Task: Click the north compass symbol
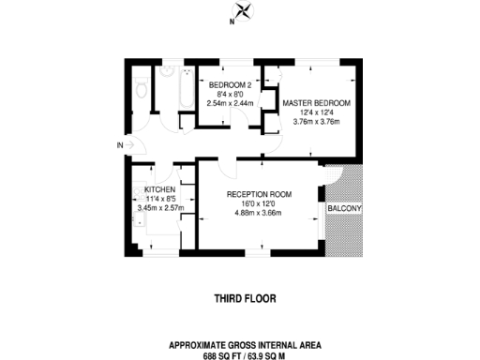pos(244,11)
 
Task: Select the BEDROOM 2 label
pos(229,84)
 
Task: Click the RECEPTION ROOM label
pos(259,194)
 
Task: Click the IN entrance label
pos(120,145)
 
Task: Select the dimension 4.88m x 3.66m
pos(259,213)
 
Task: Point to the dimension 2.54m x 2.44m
pos(229,102)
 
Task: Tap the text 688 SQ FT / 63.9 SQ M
pos(246,356)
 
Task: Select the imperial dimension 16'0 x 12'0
pos(259,203)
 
